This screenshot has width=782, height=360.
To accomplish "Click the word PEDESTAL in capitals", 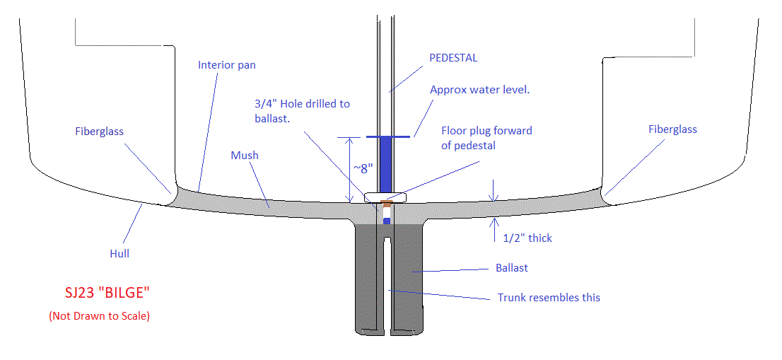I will click(453, 58).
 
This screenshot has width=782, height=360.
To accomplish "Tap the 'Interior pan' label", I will click(226, 65).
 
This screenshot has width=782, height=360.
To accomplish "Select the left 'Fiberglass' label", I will click(99, 132).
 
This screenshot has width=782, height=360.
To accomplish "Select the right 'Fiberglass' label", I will click(672, 129).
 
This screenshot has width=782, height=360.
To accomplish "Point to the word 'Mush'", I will click(245, 155).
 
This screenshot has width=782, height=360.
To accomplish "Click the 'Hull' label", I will click(119, 252).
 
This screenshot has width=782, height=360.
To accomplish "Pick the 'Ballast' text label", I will click(512, 269).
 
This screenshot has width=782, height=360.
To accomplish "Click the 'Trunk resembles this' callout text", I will click(549, 297).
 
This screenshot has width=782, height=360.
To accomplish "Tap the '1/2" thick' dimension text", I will click(527, 238).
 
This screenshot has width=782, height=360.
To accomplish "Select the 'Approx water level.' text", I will click(480, 90).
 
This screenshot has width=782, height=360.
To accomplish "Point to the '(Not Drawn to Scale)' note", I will click(99, 316).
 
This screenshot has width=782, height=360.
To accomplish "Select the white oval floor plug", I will click(385, 197).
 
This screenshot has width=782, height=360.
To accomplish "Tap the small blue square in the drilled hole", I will click(387, 221).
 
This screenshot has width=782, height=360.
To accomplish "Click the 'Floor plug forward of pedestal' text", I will click(486, 138).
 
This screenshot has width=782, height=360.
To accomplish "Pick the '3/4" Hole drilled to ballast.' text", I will click(302, 110).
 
